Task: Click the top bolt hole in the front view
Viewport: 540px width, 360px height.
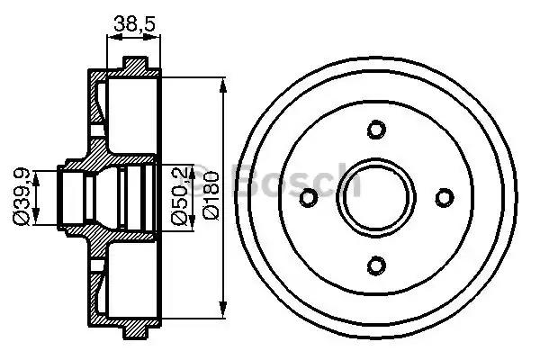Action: pos(376,129)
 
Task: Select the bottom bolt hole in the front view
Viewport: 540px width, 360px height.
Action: pos(376,264)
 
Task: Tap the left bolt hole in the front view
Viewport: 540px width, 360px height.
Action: pos(309,196)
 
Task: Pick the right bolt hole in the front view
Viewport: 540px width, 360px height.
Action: pos(444,196)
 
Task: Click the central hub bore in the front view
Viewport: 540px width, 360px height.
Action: pos(376,196)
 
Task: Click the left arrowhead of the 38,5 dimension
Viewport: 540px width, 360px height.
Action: pos(111,38)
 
